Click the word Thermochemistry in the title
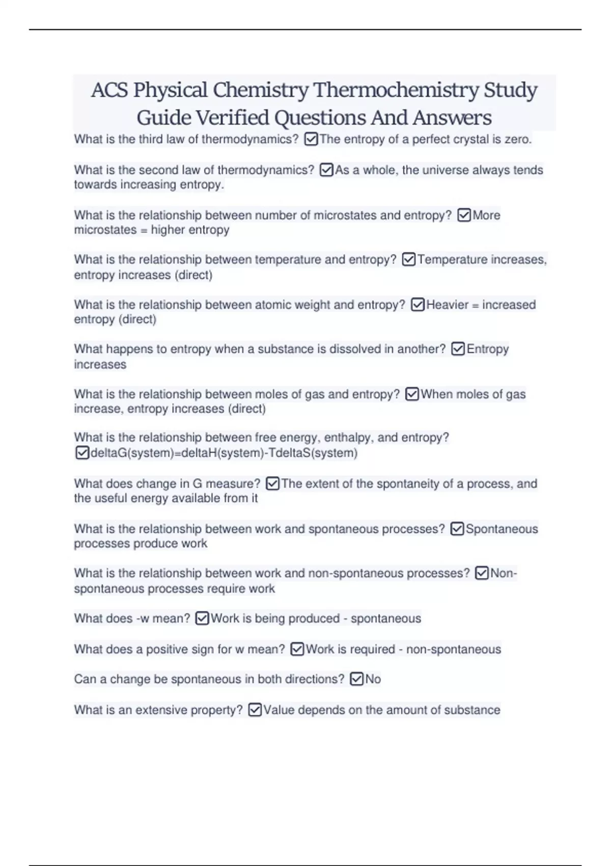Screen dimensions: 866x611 click(x=396, y=90)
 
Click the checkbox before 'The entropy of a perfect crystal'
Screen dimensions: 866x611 click(x=311, y=139)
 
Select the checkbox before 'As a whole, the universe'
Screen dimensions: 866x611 click(x=326, y=170)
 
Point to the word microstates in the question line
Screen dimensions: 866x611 click(x=345, y=215)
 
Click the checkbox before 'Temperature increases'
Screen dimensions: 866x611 click(x=409, y=260)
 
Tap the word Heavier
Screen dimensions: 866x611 click(x=447, y=305)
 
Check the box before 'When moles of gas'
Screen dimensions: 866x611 click(x=412, y=394)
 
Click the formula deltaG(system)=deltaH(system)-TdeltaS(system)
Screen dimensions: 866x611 click(x=224, y=453)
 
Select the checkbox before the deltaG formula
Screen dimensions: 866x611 click(x=82, y=453)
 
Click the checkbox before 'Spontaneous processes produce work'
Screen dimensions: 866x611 click(x=457, y=529)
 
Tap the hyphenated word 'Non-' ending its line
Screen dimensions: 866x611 click(x=504, y=573)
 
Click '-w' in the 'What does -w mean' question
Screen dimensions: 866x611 click(x=143, y=618)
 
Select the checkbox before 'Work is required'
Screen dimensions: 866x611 click(x=297, y=649)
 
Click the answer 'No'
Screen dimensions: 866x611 click(x=373, y=679)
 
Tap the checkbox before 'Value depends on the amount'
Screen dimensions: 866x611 click(x=255, y=710)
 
